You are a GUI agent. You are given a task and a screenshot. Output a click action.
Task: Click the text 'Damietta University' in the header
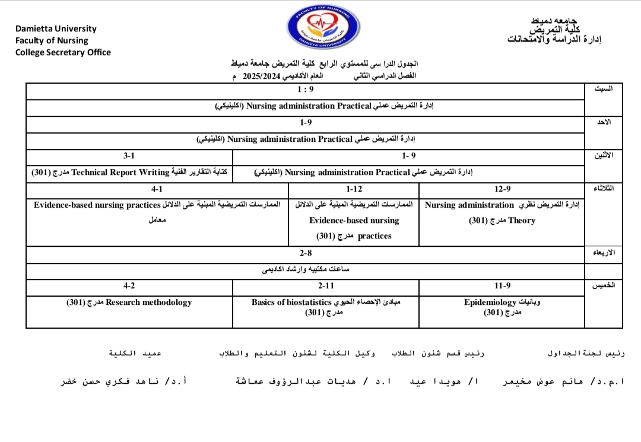[x=56, y=28]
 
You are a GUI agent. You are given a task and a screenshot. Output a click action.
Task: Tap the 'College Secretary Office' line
[x=63, y=52]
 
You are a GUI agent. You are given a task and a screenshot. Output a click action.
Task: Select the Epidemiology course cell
[x=502, y=307]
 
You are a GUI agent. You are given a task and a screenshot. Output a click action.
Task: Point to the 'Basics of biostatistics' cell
[x=326, y=307]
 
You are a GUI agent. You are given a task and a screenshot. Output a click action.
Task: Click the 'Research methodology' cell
[x=129, y=303]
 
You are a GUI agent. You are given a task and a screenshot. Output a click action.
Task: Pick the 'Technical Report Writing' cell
[x=129, y=173]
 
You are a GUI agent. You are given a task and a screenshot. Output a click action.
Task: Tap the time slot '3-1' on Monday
[x=129, y=156]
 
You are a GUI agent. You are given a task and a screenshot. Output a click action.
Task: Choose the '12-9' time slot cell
[x=502, y=189]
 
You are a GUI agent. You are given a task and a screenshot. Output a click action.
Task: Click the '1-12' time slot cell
[x=354, y=189]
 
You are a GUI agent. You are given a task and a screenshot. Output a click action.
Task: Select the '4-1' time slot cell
[x=157, y=189]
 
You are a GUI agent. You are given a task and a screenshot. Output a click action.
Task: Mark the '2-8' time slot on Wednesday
[x=306, y=253]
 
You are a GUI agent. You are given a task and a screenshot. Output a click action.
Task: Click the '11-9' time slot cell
[x=502, y=286]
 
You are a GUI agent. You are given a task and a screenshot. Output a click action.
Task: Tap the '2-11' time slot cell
[x=326, y=286]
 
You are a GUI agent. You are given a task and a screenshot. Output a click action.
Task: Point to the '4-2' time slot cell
[x=129, y=286]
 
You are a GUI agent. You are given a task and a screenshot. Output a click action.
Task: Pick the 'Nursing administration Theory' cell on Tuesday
[x=502, y=212]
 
